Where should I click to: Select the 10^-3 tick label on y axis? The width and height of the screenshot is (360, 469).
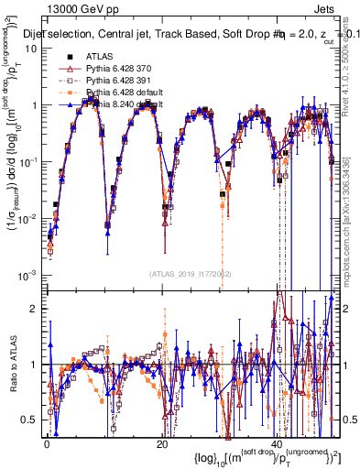coord(30,275)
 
